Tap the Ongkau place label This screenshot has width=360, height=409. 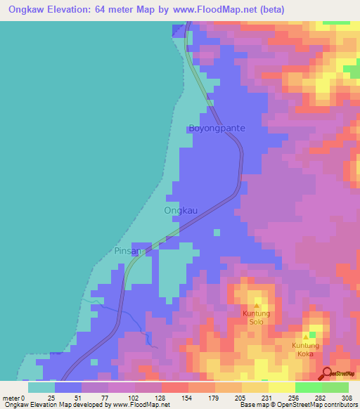(x=181, y=210)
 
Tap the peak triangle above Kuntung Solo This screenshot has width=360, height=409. (x=257, y=306)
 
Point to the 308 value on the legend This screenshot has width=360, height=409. (x=348, y=398)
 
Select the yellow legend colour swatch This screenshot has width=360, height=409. (x=281, y=387)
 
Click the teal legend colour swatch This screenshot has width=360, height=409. (x=41, y=387)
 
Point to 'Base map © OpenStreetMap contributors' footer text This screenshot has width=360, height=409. (x=297, y=405)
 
